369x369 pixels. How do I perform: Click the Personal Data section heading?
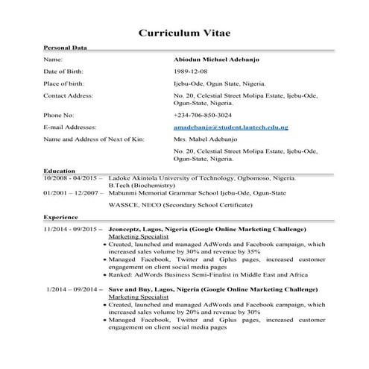66,48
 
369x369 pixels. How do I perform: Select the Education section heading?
60,171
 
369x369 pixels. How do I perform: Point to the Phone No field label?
59,116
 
